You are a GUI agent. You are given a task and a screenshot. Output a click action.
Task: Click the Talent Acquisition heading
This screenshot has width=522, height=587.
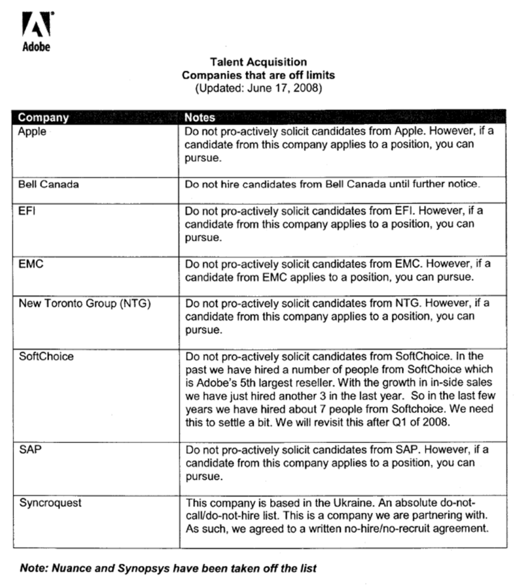click(258, 62)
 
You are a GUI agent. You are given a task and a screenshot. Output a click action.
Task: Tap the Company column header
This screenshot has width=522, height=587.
click(43, 118)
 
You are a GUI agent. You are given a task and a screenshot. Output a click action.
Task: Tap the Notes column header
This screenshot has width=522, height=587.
click(200, 118)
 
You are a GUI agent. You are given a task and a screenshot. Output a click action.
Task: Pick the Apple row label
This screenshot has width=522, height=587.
click(32, 131)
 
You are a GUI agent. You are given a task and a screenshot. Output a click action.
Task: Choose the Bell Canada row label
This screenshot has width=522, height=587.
click(49, 184)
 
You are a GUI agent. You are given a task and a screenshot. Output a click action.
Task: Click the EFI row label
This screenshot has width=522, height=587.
click(26, 211)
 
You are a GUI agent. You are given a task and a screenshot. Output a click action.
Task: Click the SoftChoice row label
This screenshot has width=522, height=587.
click(46, 356)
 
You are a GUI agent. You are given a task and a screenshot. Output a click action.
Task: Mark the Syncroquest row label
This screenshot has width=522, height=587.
click(50, 503)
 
